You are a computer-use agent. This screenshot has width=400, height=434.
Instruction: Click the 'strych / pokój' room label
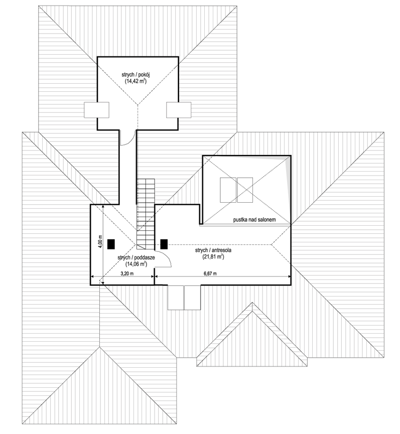136,75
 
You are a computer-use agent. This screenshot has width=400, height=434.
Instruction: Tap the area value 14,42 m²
136,81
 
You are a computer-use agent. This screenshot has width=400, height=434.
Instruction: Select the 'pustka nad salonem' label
254,220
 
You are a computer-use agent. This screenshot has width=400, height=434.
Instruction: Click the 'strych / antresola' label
213,250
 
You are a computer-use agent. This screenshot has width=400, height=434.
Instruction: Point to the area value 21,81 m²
213,257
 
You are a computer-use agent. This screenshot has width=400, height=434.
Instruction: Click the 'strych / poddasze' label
136,258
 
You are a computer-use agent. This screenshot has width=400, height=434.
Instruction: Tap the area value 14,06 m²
136,264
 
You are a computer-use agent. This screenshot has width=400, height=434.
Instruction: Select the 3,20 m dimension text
127,274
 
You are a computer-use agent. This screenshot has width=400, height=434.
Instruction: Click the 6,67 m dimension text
210,274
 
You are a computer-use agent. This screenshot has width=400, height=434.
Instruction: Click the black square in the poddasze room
111,244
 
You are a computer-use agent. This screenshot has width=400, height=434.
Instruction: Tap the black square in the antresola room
164,244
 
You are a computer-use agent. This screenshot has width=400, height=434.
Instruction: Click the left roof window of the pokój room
96,110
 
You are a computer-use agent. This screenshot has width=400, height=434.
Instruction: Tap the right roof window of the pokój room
179,110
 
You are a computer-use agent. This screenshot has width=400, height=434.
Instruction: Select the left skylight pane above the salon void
228,190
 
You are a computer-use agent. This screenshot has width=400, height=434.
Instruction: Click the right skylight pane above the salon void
245,190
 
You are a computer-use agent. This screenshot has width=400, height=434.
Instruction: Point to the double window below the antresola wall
184,297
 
